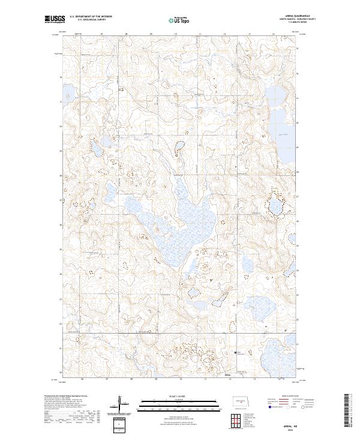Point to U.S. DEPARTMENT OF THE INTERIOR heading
pos(91,17)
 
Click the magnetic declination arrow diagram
pos(122,404)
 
